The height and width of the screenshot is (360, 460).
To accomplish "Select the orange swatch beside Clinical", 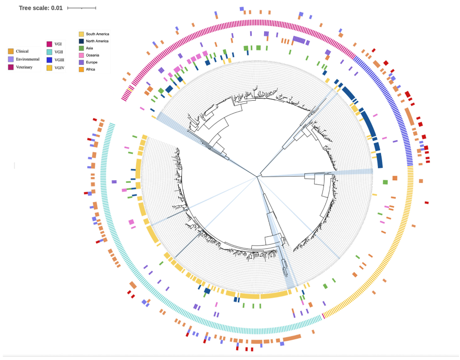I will [10, 51].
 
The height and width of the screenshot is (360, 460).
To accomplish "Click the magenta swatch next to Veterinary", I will [10, 67].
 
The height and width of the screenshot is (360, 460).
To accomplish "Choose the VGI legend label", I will [58, 44].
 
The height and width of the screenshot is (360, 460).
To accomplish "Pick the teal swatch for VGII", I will [49, 52].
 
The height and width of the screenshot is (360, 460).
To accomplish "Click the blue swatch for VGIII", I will [49, 60].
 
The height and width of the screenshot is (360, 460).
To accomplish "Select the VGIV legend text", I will [60, 68].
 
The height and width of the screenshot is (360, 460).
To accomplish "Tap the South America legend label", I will [97, 34].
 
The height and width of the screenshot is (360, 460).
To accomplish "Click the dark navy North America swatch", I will [82, 41].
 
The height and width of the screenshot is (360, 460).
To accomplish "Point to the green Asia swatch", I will [82, 48].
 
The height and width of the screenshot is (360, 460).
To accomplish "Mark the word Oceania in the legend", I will [93, 55].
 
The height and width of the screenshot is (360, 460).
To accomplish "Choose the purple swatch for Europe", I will [82, 62].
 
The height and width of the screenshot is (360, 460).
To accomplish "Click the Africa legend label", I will [91, 69].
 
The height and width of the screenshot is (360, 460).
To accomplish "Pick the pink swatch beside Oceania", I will [82, 55].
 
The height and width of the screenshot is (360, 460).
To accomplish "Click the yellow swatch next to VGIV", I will [49, 68].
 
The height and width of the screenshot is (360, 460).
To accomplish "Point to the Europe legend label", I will [92, 62].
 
